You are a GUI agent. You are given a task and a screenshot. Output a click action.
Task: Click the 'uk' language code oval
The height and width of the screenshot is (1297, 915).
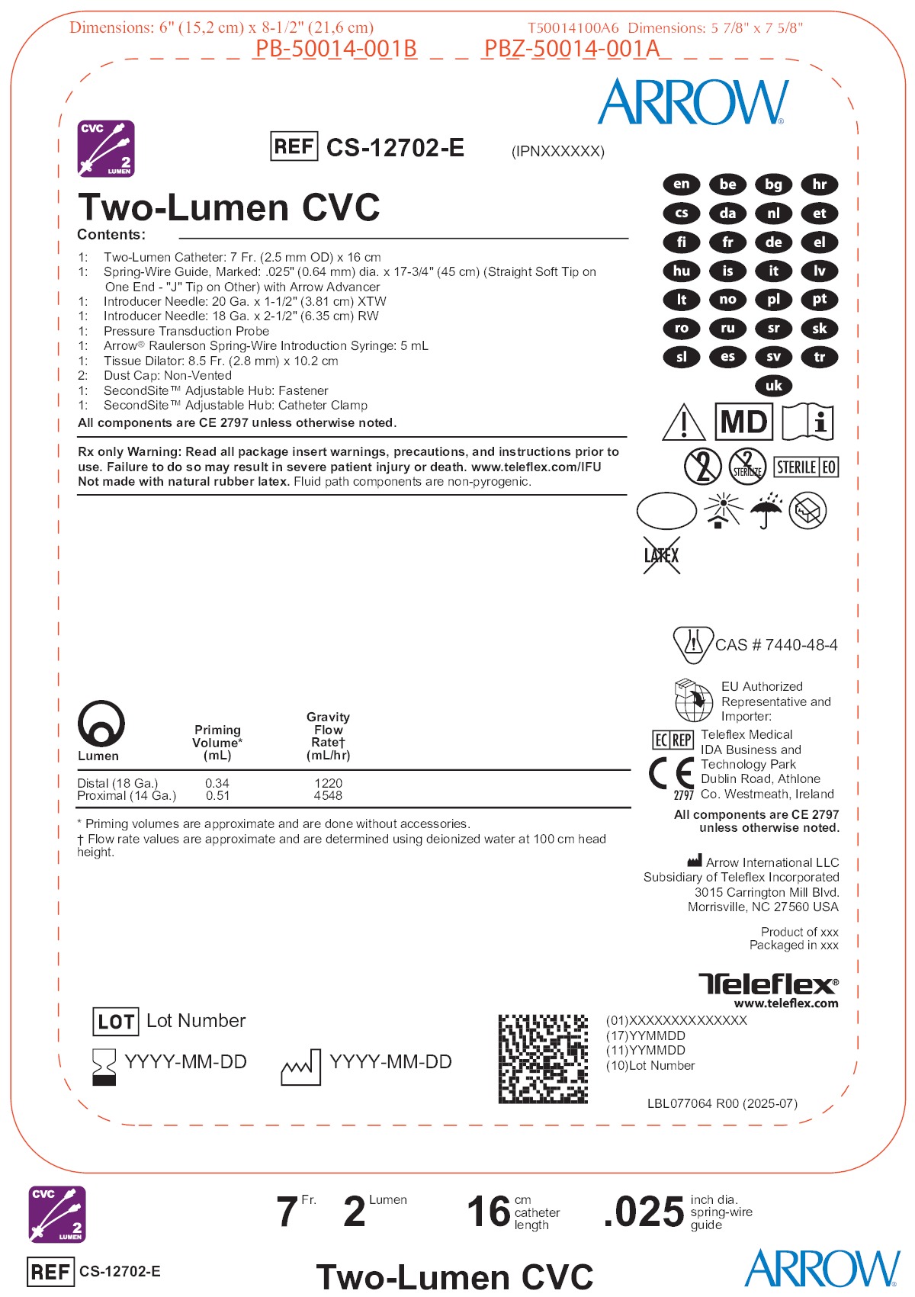click(773, 386)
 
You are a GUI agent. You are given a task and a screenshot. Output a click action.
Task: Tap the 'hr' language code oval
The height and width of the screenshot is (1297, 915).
click(820, 185)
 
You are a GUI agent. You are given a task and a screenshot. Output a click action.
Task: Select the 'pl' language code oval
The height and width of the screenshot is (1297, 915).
click(773, 300)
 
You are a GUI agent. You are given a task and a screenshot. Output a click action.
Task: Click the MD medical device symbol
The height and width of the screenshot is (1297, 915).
click(743, 422)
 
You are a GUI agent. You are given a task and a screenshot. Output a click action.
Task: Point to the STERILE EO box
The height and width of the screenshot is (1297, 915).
click(806, 467)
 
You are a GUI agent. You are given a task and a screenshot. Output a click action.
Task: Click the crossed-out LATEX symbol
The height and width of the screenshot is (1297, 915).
click(661, 555)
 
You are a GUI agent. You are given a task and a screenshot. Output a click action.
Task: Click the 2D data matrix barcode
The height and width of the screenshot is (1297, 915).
click(543, 1058)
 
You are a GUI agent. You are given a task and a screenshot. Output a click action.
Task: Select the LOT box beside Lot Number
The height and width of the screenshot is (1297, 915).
click(116, 1022)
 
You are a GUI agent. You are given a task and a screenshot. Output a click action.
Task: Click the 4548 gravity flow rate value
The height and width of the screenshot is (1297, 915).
click(328, 796)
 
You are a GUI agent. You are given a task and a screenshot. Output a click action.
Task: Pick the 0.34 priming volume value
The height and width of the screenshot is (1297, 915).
click(217, 783)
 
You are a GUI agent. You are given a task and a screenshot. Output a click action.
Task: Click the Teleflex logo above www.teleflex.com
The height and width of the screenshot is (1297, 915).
click(768, 984)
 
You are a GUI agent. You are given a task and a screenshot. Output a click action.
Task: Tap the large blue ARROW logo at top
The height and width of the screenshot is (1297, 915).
click(692, 102)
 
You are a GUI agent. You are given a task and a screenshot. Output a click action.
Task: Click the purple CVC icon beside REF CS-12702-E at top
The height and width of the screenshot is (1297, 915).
click(106, 148)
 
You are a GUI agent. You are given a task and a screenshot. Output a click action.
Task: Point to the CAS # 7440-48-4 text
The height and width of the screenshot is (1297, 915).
click(776, 645)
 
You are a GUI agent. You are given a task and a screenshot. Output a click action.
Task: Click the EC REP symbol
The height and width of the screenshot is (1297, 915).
click(673, 740)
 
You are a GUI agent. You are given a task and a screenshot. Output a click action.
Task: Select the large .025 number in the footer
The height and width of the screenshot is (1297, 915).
click(644, 1212)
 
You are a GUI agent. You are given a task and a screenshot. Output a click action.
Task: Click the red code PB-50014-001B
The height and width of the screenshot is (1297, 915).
click(335, 49)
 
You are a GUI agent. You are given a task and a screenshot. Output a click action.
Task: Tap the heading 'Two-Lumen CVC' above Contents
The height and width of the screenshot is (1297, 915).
click(229, 207)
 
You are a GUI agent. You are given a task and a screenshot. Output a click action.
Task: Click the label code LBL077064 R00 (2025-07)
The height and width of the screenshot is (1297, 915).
click(722, 1103)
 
